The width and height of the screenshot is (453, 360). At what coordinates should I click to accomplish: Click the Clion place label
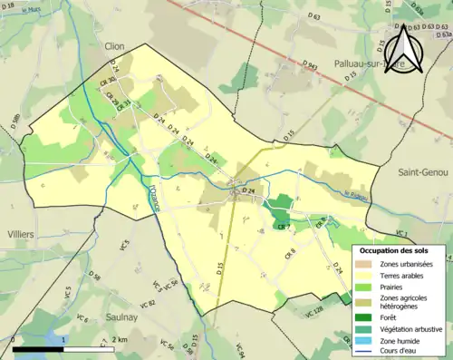[114, 45]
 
